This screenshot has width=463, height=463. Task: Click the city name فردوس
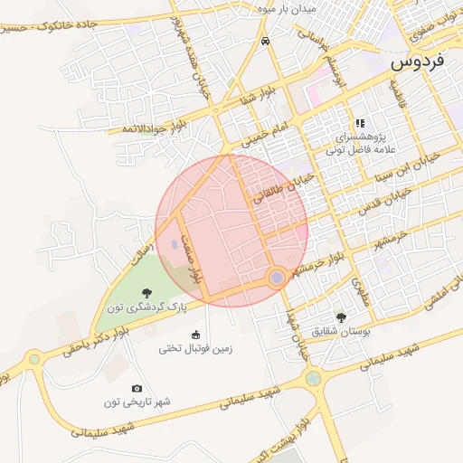click(419, 63)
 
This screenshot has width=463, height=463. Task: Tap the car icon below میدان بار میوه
click(264, 42)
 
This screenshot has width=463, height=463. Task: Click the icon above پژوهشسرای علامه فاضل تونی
click(359, 123)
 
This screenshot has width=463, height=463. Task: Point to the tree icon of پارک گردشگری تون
click(146, 291)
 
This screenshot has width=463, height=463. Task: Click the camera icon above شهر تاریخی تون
click(137, 388)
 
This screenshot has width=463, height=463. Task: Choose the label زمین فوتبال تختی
click(196, 347)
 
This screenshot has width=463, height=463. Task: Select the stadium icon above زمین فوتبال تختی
click(196, 332)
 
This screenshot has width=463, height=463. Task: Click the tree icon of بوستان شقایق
click(340, 317)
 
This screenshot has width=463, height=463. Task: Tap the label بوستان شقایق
click(341, 332)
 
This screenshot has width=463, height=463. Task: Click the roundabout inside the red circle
click(276, 278)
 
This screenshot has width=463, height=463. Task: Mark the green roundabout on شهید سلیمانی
click(314, 379)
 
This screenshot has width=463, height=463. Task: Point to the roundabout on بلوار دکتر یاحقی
click(34, 358)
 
